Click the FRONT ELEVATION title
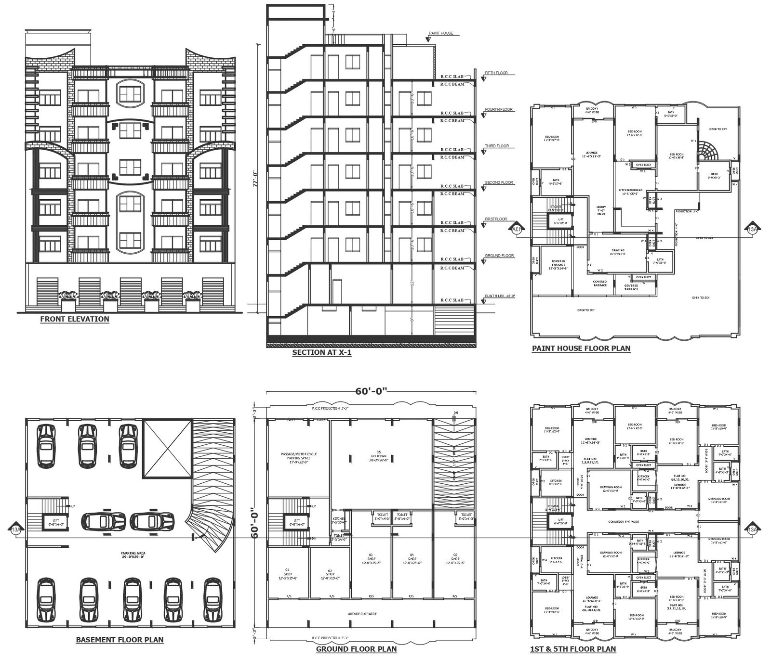click(75, 319)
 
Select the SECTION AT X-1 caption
click(322, 353)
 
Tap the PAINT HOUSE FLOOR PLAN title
click(581, 348)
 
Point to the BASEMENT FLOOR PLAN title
click(120, 640)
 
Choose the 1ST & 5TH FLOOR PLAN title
click(572, 649)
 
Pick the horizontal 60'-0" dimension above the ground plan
click(371, 391)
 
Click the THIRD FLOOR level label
click(496, 146)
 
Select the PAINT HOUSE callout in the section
click(440, 34)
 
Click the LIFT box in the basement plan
click(54, 521)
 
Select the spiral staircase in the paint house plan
click(708, 151)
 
